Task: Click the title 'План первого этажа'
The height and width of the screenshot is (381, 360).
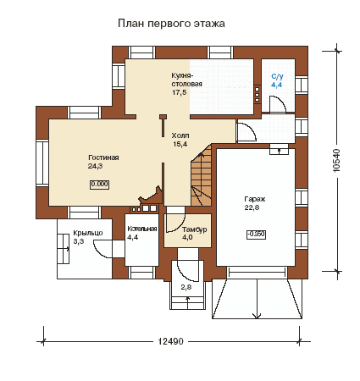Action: click(171, 24)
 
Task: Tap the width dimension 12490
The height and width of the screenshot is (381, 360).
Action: click(170, 341)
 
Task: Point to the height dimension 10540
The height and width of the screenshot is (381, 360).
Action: click(336, 160)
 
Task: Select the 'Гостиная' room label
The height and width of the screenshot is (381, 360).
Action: click(103, 157)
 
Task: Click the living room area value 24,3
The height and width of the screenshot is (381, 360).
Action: click(95, 166)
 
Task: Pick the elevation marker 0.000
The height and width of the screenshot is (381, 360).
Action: click(100, 185)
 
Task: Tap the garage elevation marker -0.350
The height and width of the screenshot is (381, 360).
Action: click(256, 235)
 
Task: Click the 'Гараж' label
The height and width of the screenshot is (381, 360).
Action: click(255, 199)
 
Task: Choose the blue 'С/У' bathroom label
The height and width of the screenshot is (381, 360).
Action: click(277, 76)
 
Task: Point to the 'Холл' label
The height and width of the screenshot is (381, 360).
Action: click(180, 135)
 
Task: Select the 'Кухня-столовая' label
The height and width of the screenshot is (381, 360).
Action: click(186, 80)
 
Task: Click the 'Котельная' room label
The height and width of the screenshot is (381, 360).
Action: click(141, 229)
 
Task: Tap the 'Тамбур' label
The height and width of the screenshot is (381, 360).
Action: click(194, 229)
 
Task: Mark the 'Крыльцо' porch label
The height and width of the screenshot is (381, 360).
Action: click(88, 233)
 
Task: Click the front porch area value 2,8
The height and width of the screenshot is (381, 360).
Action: click(186, 287)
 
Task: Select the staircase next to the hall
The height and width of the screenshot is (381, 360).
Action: click(201, 175)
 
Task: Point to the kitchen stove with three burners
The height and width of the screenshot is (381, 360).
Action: click(257, 94)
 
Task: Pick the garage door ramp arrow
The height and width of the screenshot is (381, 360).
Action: click(257, 299)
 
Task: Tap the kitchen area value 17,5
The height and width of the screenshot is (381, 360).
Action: click(180, 92)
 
